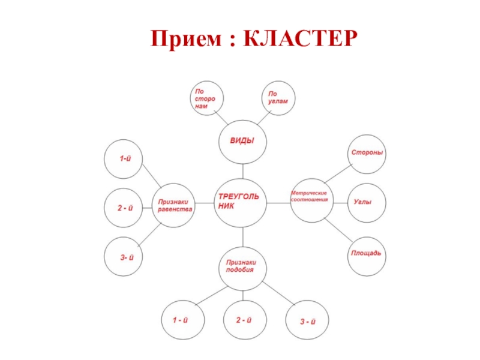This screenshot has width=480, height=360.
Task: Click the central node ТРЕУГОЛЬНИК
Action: coord(242,202)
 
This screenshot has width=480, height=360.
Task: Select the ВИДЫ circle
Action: coord(242,140)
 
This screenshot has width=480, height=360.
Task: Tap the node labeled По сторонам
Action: coord(206,98)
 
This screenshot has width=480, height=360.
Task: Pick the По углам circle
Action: coord(278,98)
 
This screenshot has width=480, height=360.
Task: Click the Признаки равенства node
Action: coord(175,205)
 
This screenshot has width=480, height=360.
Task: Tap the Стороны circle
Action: coord(367,152)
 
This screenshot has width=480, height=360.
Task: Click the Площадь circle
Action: coord(367,254)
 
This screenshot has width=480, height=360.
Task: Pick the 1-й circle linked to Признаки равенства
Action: coord(125,159)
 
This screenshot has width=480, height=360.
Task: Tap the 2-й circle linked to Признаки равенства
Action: coord(125,208)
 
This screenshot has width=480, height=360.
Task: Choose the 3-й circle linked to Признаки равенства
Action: coord(125,257)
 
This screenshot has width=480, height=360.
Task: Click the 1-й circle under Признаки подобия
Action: coord(181,320)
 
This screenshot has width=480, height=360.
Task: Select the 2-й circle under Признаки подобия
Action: coord(242,320)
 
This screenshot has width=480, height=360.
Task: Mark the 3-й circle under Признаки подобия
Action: coord(307,322)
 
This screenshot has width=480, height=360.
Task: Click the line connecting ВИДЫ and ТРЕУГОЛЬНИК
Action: coord(242,171)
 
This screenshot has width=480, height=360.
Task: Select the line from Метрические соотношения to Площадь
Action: coord(338,232)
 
